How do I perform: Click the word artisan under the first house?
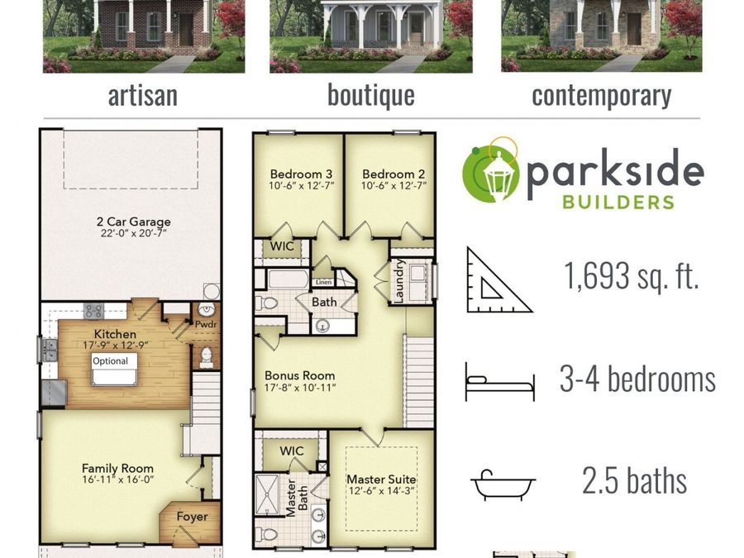click(x=142, y=96)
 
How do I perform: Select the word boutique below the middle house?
click(x=370, y=96)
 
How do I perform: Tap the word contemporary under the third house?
click(x=601, y=96)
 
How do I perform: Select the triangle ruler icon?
click(x=498, y=280)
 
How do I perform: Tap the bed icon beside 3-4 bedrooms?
click(x=499, y=381)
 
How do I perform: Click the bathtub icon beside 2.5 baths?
click(x=503, y=484)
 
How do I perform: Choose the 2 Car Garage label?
click(x=133, y=222)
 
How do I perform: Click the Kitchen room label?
click(x=115, y=335)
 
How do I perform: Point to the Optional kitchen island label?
click(x=110, y=361)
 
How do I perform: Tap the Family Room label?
click(x=117, y=468)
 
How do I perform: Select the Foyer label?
click(x=192, y=517)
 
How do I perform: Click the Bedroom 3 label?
click(x=301, y=174)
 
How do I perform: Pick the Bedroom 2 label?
click(x=393, y=174)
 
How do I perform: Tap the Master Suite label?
click(x=380, y=479)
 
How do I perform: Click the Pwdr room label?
click(x=205, y=325)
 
